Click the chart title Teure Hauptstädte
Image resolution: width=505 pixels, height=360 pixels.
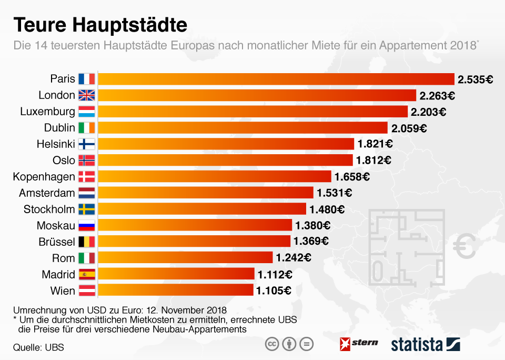point(100,25)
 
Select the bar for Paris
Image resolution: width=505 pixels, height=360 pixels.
point(276,79)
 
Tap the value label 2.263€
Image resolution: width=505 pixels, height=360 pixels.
point(437,95)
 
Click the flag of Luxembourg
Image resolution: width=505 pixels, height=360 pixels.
point(86,112)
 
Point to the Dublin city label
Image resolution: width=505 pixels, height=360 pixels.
point(59,128)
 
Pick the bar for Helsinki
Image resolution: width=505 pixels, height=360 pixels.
point(226,144)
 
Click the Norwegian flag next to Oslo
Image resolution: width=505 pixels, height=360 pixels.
point(86,161)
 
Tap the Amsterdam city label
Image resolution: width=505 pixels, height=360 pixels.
point(47,193)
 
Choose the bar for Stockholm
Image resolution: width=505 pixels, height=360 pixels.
point(202,209)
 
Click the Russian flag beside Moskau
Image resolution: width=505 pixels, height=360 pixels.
point(86,226)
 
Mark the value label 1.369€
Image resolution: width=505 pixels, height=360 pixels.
point(311,242)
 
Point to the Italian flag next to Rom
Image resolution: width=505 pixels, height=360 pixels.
point(86,258)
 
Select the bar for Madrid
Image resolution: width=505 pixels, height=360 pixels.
point(176,274)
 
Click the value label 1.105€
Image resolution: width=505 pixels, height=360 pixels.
point(274,291)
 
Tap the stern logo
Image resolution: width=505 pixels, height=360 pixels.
point(359,343)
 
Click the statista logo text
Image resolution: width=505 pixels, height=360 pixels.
point(417,345)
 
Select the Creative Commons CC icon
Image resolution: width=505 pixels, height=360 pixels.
point(272,344)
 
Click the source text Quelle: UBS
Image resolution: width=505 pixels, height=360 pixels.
point(35,347)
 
